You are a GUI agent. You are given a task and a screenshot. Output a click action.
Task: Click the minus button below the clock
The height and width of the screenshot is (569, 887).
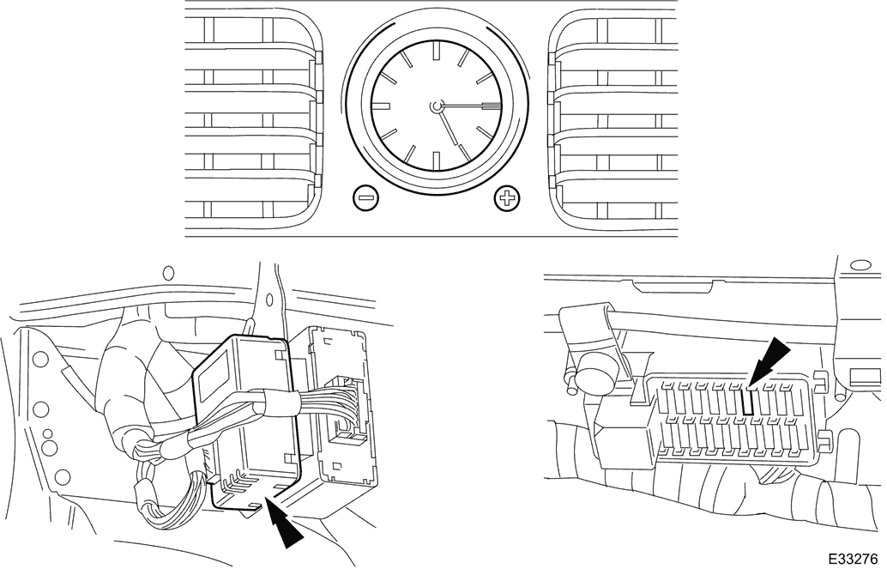[x=365, y=197]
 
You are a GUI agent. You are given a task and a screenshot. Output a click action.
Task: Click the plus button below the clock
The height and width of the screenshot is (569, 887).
[x=507, y=197]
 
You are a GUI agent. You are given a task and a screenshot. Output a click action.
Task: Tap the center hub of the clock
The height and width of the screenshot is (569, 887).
[x=436, y=106]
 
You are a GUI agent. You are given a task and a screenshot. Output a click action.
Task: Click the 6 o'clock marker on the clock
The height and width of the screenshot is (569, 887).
[x=436, y=160]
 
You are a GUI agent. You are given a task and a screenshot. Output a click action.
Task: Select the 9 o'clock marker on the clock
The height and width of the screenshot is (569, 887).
[x=381, y=106]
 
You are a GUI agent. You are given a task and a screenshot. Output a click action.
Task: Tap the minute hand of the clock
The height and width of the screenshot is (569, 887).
[x=468, y=106]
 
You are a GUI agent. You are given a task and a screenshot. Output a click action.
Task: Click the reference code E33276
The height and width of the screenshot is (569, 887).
[x=854, y=558]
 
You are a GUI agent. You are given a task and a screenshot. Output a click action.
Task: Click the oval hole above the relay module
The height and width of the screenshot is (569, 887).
[x=167, y=274]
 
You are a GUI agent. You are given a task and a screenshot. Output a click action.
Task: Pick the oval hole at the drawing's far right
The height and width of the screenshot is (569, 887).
[x=861, y=265]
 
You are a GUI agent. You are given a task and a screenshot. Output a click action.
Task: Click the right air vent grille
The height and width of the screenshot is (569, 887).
[x=613, y=119]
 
